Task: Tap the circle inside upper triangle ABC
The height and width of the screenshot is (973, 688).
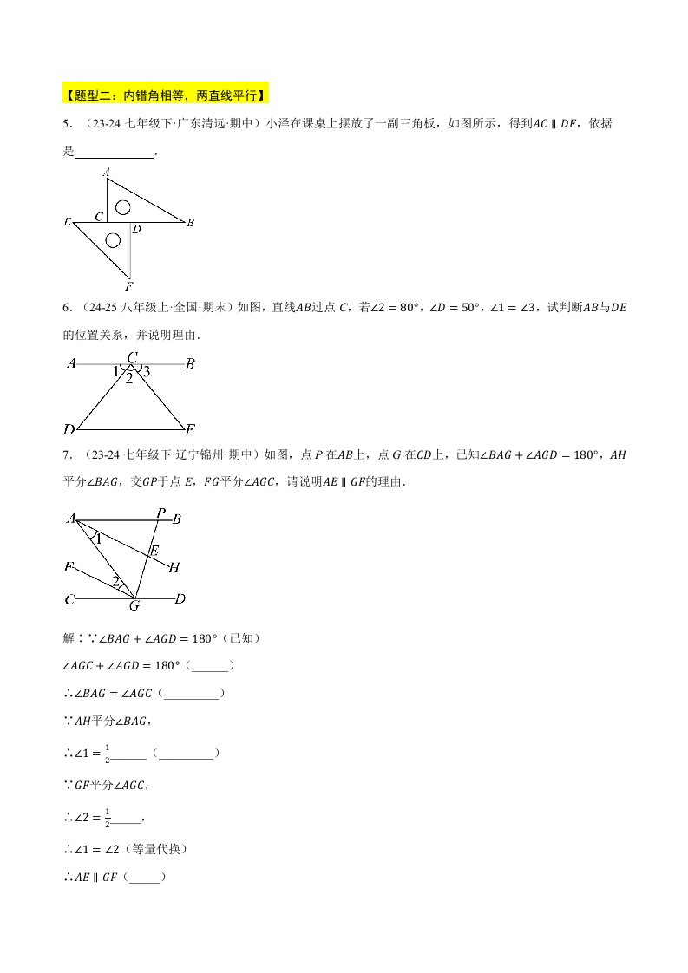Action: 123,206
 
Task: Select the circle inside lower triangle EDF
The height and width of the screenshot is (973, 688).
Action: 112,239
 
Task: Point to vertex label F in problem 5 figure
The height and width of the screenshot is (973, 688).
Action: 128,285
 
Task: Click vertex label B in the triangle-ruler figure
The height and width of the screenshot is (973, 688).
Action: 190,223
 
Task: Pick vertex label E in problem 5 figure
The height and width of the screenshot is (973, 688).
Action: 67,223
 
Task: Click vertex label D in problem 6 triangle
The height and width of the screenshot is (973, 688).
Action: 69,429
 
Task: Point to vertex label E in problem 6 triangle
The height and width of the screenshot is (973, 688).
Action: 190,429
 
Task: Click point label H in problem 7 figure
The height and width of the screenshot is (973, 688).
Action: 174,568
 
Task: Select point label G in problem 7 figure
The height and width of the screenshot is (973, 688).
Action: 134,605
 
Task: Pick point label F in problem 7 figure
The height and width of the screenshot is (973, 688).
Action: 69,567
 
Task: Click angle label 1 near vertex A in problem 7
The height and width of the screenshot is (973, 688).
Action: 98,539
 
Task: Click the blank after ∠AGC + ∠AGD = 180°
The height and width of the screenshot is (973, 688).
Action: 209,666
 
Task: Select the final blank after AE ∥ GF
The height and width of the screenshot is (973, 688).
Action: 146,878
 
